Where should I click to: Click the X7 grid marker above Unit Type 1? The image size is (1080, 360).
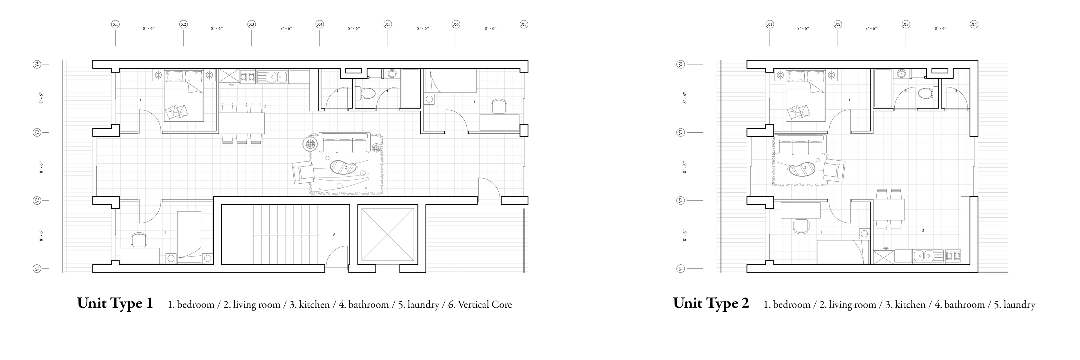point(524,24)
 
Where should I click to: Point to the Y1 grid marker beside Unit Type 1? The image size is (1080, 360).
point(37,269)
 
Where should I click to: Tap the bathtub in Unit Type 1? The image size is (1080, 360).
point(410,88)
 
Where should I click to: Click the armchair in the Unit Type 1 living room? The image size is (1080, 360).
point(303,172)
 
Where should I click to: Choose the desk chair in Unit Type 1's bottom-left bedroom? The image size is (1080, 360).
point(139,240)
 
